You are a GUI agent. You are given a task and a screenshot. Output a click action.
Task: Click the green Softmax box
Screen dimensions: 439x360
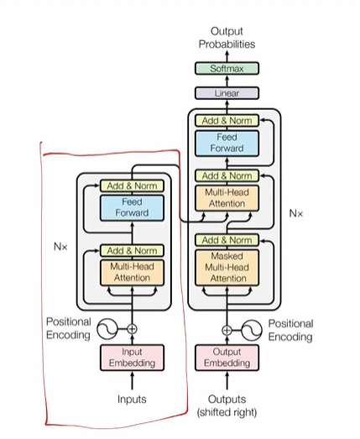pos(227,69)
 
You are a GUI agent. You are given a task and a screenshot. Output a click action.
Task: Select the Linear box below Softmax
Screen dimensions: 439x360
pos(227,93)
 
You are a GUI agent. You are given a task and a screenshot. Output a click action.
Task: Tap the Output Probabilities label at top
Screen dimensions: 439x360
pos(227,37)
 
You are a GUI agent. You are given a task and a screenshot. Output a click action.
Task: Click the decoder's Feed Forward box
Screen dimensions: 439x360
pos(227,143)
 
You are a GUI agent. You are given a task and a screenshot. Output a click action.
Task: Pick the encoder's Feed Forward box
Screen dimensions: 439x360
pos(132,207)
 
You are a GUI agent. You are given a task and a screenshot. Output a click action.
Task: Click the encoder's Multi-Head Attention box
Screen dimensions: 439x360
pos(132,272)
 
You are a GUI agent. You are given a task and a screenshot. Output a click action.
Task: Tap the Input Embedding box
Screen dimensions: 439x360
pos(132,358)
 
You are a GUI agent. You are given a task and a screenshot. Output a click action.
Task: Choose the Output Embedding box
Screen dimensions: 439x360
pos(227,358)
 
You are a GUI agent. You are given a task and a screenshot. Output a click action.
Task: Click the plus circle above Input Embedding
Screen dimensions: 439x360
pos(132,328)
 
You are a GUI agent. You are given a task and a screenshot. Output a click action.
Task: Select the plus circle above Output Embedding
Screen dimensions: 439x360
pos(227,329)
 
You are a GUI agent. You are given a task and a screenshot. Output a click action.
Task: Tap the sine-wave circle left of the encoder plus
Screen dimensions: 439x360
pos(107,328)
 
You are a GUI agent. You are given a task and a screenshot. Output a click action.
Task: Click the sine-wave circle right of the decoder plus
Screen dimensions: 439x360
pos(251,329)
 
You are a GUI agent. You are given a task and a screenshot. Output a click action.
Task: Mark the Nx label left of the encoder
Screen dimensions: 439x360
pos(60,248)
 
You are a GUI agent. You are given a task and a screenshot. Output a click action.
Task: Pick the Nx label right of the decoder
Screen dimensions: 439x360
pos(295,214)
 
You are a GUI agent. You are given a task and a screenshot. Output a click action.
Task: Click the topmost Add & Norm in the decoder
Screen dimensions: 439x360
pos(227,121)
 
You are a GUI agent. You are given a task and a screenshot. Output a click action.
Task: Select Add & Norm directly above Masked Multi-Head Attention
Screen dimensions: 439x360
pos(227,240)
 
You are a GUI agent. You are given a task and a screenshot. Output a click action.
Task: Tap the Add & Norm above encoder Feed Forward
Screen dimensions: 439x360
pos(132,186)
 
